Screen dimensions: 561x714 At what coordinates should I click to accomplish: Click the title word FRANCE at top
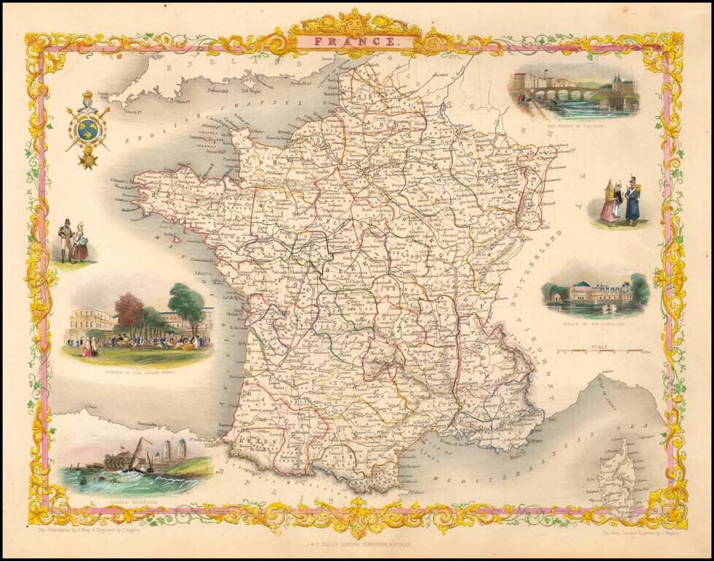point(357,42)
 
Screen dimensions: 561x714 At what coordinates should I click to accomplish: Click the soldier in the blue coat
point(632,202)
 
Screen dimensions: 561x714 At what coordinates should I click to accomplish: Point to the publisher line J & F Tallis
point(357,543)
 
